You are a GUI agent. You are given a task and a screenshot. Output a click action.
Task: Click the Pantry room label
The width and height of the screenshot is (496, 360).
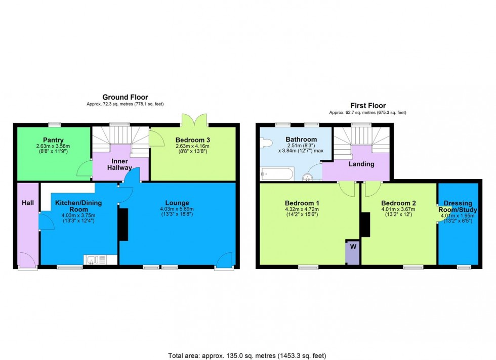click(x=53, y=140)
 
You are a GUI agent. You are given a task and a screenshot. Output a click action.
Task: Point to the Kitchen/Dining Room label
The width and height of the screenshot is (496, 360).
click(x=78, y=206)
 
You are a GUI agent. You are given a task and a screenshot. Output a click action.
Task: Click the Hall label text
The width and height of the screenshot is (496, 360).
click(x=28, y=203)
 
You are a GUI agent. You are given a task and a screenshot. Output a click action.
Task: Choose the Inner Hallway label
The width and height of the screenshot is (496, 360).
click(x=119, y=164)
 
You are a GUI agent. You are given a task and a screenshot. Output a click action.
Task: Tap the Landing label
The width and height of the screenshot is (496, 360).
click(x=361, y=164)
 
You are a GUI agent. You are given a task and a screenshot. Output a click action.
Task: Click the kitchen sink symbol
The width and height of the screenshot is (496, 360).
click(x=96, y=260)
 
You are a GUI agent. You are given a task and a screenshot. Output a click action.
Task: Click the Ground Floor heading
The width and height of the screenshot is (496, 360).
click(x=125, y=97)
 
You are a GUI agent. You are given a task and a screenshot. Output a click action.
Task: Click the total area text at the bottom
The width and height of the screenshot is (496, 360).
click(x=248, y=355)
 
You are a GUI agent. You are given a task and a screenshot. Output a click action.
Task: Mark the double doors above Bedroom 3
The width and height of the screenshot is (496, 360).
click(x=194, y=119)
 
